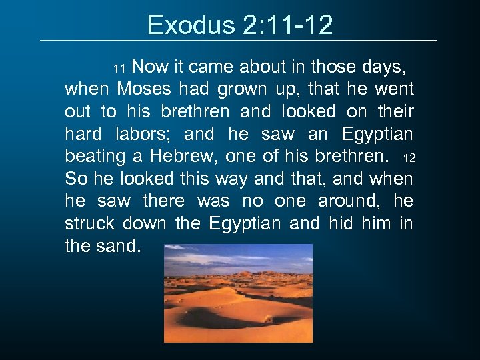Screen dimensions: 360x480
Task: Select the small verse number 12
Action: pos(409,159)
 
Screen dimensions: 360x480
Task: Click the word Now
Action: pos(150,67)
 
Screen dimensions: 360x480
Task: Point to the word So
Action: pos(75,179)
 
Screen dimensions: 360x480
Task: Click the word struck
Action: pos(87,224)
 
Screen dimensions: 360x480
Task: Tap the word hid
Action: pos(342,224)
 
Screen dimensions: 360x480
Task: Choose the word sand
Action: pos(120,247)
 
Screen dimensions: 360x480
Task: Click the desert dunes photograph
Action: pos(238,293)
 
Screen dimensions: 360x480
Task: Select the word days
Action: pos(382,67)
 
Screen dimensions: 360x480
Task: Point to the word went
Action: pos(393,89)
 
